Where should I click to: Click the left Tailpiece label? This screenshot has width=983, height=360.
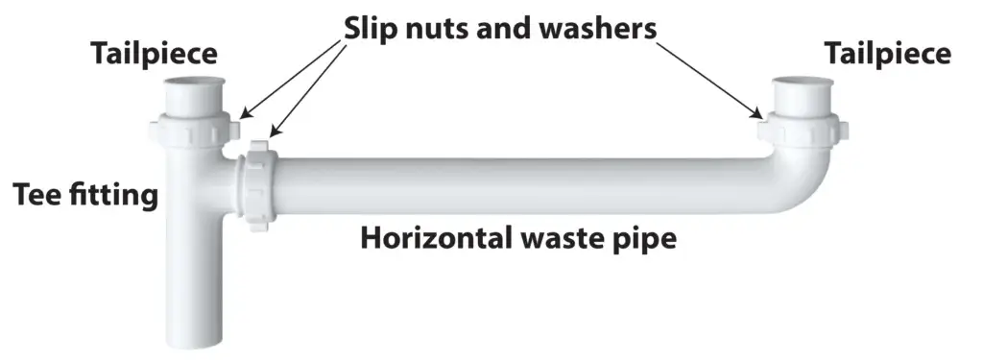tap(154, 55)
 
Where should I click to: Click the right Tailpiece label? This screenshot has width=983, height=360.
tap(887, 55)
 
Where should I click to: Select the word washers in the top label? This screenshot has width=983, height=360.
tap(597, 29)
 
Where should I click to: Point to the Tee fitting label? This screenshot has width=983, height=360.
tap(84, 196)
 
